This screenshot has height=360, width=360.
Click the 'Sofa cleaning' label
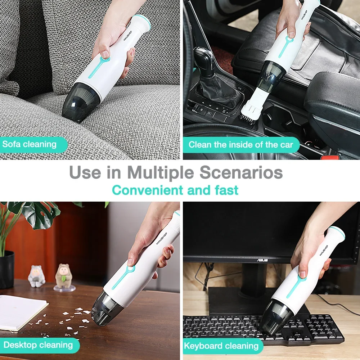pos(30,144)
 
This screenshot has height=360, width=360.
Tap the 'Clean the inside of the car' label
pos(241,145)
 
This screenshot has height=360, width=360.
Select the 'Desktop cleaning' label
pos(38,345)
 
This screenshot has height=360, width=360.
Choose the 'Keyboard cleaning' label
pos(221,346)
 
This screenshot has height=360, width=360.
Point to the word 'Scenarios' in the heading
pos(241,172)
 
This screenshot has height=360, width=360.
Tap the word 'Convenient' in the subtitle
pos(148,190)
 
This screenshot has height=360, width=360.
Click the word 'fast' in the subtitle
pos(226,190)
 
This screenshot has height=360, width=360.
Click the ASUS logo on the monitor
pos(262,260)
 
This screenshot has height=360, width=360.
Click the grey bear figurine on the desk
pos(36,276)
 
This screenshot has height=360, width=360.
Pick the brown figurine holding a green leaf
pos(64,275)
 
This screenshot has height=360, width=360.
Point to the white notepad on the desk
pos(22,312)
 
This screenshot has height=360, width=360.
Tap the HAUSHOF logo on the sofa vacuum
pos(128,36)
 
